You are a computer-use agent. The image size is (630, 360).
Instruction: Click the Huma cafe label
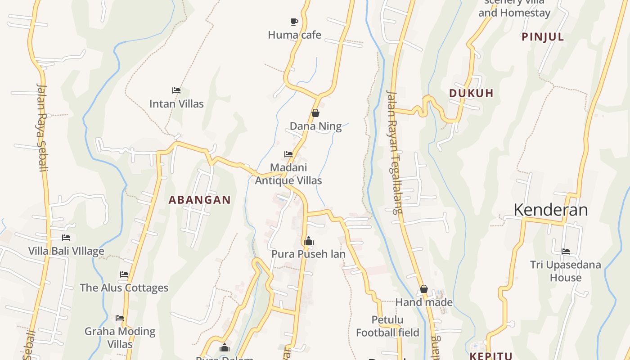click(x=294, y=35)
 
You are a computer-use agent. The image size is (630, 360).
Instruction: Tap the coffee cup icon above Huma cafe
click(x=294, y=22)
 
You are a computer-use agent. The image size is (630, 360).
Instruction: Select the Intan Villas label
click(x=176, y=104)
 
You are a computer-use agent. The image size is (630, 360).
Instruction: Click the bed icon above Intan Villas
click(x=176, y=90)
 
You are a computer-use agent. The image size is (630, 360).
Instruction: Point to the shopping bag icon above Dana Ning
click(x=315, y=113)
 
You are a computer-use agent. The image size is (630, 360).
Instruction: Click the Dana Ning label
click(x=315, y=126)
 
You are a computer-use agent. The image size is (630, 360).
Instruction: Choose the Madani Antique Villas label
click(x=288, y=174)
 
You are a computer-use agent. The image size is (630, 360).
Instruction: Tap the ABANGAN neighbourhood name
click(x=199, y=200)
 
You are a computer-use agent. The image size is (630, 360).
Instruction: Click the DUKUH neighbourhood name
click(x=471, y=94)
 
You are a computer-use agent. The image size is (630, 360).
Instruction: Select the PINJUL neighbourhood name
click(x=543, y=37)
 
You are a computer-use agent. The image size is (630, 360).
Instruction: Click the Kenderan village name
click(x=550, y=210)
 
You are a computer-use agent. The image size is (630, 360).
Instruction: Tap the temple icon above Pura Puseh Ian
click(x=308, y=241)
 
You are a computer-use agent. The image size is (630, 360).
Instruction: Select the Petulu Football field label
click(x=387, y=326)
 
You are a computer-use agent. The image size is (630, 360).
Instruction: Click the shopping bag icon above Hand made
click(x=423, y=289)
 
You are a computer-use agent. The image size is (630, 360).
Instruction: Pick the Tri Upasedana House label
click(x=565, y=271)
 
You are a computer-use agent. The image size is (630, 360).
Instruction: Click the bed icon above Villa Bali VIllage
click(x=66, y=238)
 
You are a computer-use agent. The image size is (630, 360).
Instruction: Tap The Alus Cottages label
click(x=124, y=288)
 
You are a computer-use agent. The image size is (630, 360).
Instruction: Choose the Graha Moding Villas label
click(x=120, y=337)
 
